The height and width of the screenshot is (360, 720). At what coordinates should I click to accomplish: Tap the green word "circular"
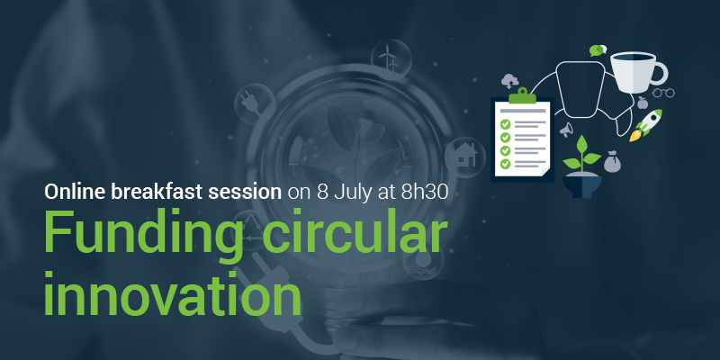[x=355, y=231]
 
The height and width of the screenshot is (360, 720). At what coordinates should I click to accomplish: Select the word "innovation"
[x=173, y=292]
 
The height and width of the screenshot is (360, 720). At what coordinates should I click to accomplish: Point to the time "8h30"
[x=424, y=193]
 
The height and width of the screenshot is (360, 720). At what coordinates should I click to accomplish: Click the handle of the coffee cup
[x=661, y=74]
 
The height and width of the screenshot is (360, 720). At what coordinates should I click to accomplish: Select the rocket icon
[x=645, y=125]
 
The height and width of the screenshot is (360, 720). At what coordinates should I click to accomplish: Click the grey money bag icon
[x=612, y=162]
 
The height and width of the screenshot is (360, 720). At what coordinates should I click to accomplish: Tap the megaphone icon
[x=566, y=130]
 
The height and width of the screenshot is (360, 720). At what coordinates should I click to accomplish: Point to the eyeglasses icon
[x=663, y=93]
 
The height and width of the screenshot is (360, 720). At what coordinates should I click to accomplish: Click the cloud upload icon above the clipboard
[x=509, y=81]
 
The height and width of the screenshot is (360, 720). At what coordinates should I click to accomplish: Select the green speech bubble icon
[x=598, y=50]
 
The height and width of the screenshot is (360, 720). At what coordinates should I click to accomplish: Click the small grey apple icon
[x=643, y=103]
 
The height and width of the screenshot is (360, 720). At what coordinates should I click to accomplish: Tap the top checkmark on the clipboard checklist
[x=506, y=124]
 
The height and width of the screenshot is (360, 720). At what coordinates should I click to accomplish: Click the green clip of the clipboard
[x=522, y=95]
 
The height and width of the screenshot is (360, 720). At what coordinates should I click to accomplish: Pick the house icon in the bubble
[x=464, y=155]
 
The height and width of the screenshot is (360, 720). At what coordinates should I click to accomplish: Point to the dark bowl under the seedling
[x=582, y=184]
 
